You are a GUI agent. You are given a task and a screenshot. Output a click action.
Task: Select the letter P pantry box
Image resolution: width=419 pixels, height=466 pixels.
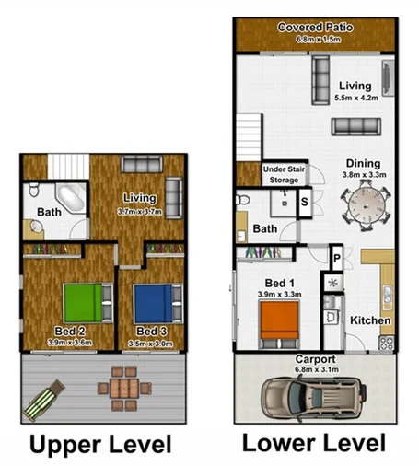tap(337, 260)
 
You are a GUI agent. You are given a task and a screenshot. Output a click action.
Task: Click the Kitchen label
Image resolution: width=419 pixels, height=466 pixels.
tap(371, 320)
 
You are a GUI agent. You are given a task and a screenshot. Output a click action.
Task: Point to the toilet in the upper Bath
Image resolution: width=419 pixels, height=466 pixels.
tap(32, 191)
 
